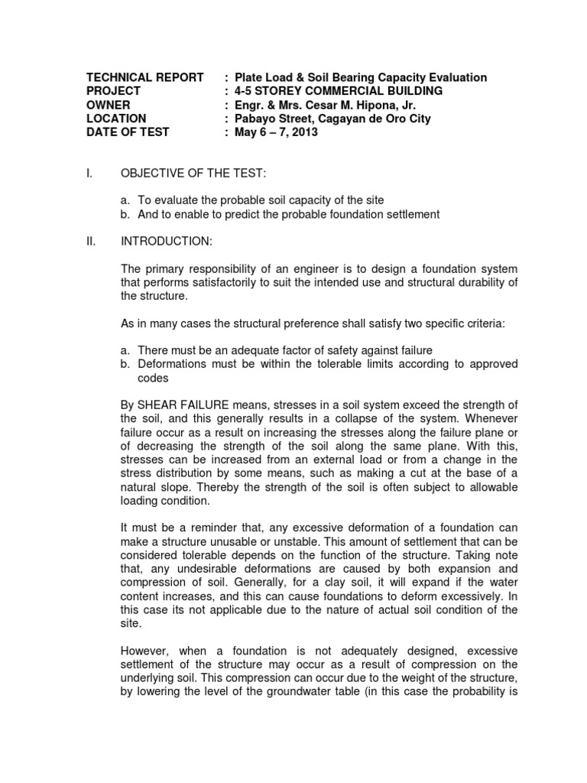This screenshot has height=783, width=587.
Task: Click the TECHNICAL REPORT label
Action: (144, 77)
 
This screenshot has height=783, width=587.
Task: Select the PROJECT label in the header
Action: (114, 91)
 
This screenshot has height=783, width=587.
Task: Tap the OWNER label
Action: (108, 105)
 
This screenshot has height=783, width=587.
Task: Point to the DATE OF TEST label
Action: (128, 132)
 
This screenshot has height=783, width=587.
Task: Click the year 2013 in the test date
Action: (301, 132)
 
